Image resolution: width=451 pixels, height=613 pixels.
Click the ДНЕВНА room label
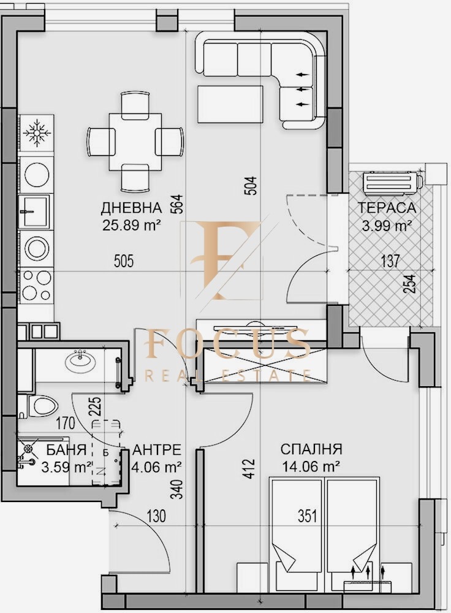click(131, 207)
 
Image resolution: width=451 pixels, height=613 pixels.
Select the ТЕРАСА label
click(387, 208)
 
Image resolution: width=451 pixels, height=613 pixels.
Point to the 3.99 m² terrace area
click(386, 226)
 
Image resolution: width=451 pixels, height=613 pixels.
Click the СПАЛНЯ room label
click(311, 449)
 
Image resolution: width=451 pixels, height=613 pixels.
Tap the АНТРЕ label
click(156, 449)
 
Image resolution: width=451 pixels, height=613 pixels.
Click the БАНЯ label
click(66, 451)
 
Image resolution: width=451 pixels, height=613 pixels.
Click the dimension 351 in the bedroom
click(308, 516)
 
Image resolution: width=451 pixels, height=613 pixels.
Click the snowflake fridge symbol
click(35, 133)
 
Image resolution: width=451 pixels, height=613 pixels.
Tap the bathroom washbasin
click(80, 360)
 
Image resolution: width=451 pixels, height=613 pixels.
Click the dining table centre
click(135, 141)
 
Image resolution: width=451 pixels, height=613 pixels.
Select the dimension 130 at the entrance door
click(157, 516)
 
